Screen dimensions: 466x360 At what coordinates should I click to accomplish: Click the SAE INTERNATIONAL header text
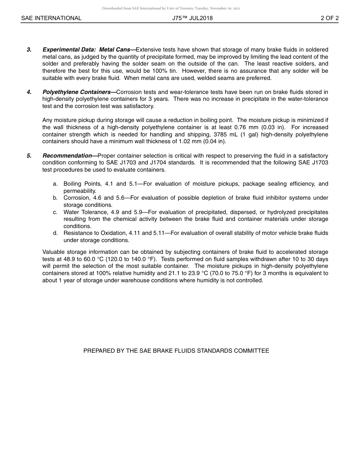coord(51,18)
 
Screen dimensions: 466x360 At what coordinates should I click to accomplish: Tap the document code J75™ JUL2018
coord(192,18)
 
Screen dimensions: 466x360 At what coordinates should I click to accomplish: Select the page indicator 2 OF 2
coord(329,18)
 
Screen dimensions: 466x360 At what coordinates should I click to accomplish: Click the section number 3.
coord(29,50)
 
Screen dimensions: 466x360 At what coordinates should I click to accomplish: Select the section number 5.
coord(29,156)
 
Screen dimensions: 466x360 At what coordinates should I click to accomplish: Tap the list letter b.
coord(55,198)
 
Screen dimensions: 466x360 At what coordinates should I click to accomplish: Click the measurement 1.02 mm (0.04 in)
coord(202,142)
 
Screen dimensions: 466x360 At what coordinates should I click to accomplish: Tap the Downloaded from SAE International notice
coord(171,8)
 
